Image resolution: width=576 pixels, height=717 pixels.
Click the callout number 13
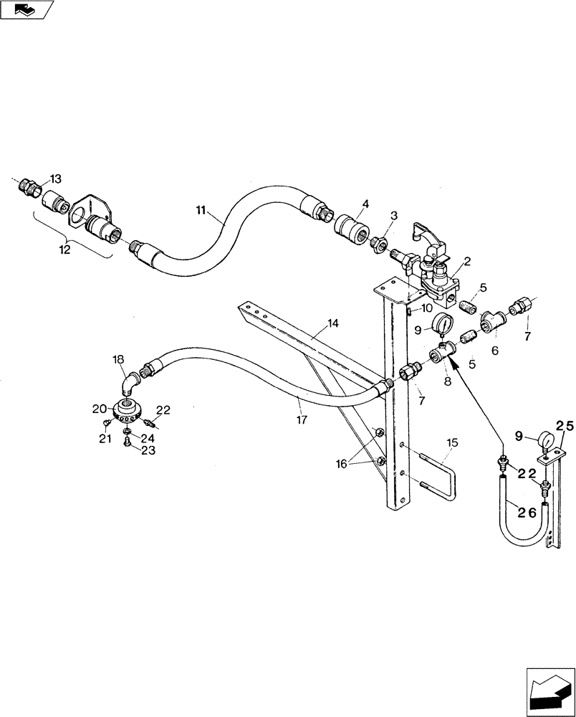pos(56,179)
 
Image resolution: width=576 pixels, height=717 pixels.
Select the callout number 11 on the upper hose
pos(201,210)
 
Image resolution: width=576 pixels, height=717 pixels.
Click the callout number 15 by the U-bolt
pos(453,442)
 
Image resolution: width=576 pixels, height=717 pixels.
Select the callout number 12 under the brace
pos(65,250)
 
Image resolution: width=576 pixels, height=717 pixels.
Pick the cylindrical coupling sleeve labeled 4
pos(351,234)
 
